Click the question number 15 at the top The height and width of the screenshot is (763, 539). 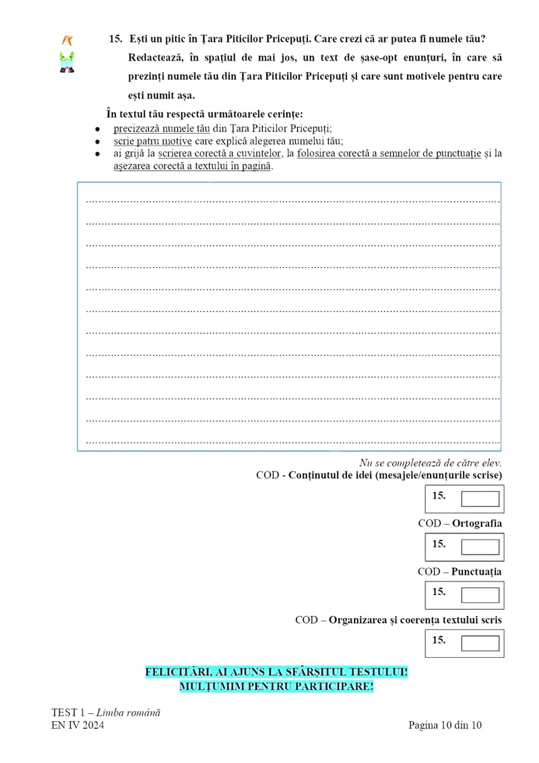pos(115,39)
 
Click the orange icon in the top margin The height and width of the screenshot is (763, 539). pos(67,40)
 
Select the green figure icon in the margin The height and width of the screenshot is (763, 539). pos(67,61)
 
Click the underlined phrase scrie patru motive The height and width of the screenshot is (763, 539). pos(153,141)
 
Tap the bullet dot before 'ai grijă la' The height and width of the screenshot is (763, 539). pos(98,154)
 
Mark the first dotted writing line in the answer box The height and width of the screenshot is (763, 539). pos(293,201)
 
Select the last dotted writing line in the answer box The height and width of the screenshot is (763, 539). pos(293,443)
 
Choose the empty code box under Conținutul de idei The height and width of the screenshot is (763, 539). pos(480,499)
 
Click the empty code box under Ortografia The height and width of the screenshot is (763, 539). pos(480,547)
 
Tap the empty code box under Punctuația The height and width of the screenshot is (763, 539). pos(480,595)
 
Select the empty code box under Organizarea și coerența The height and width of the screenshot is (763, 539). pos(480,643)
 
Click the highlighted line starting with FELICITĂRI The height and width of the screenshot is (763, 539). pos(277,673)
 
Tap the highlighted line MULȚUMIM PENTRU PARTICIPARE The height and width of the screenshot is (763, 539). pos(276,687)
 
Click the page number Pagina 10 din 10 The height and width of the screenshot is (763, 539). pos(445,726)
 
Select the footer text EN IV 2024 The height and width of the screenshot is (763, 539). pos(77,726)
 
